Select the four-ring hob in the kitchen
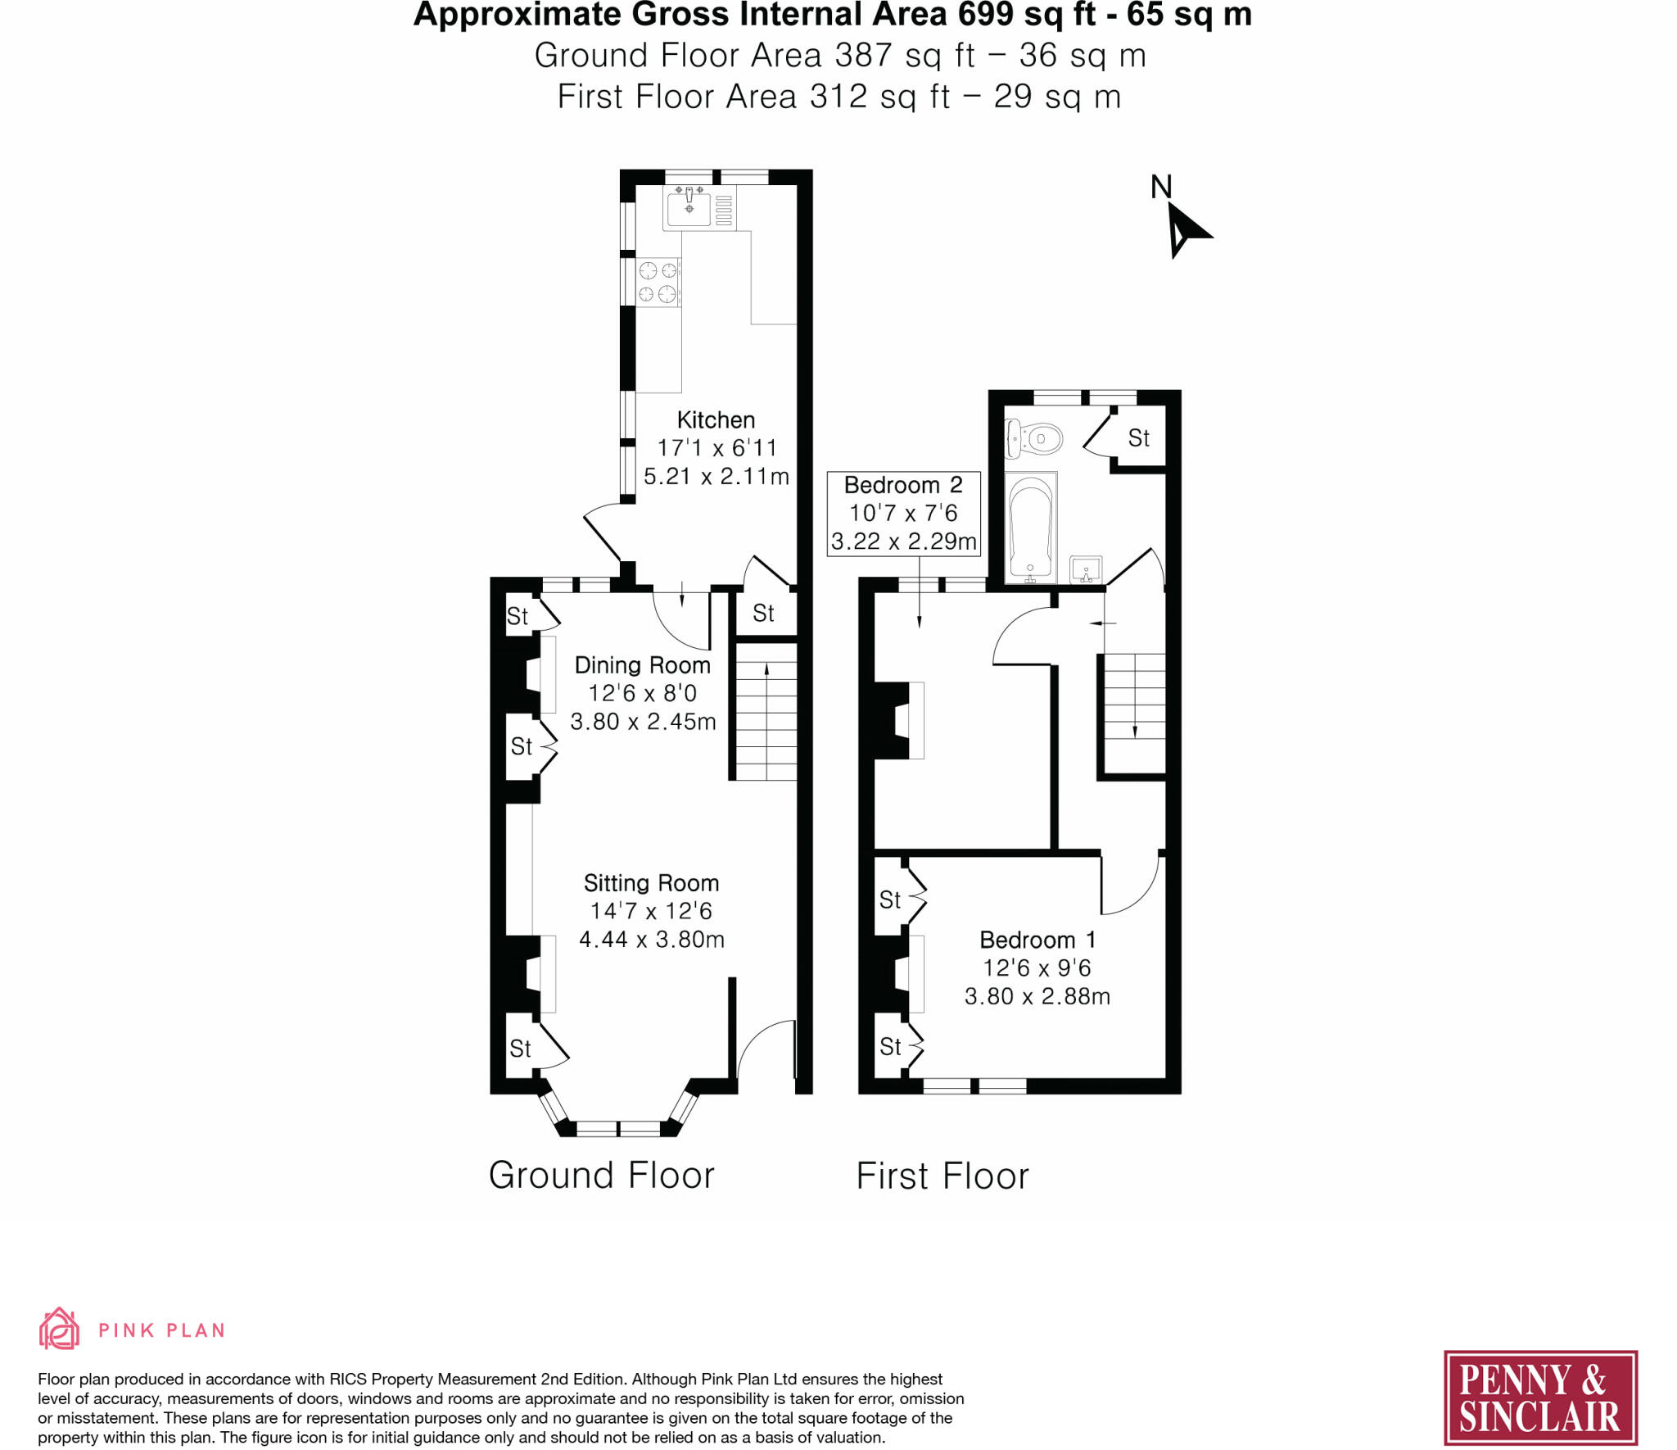pos(658,282)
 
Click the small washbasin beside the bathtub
pos(1086,568)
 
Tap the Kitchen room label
pos(716,420)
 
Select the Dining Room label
pos(642,665)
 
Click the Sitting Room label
pos(651,883)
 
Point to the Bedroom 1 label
pos(1037,940)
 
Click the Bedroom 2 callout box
pos(903,514)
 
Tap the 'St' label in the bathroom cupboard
pos(1138,438)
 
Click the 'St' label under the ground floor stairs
pos(763,613)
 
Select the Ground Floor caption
pos(601,1176)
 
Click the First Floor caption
pos(942,1176)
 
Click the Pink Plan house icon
pos(59,1329)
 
